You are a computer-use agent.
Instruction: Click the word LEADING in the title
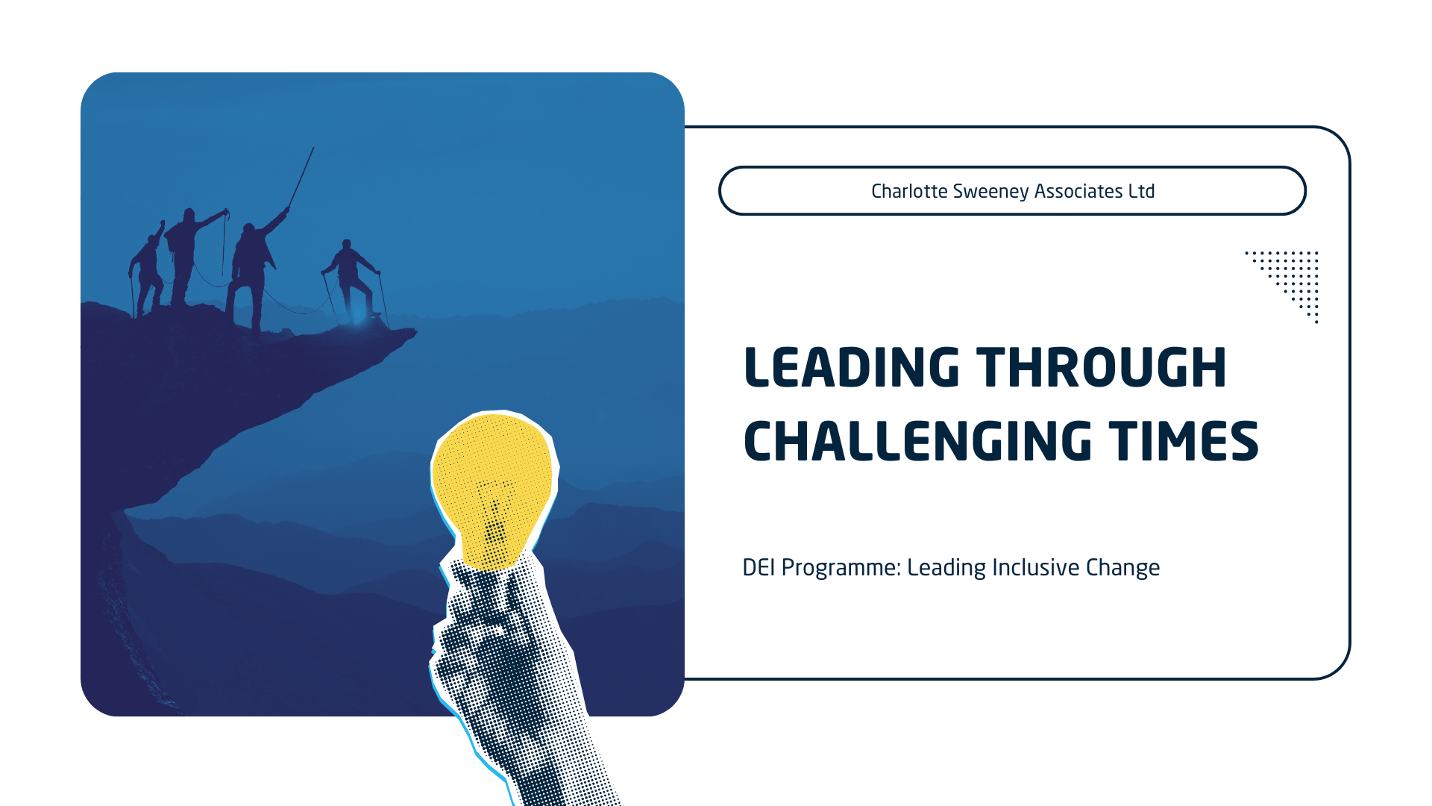click(851, 367)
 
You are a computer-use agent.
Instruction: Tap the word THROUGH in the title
click(1102, 367)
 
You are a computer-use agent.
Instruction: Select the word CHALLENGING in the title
click(918, 441)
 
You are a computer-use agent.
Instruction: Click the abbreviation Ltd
click(1142, 191)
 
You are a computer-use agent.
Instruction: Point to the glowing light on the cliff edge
click(359, 315)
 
